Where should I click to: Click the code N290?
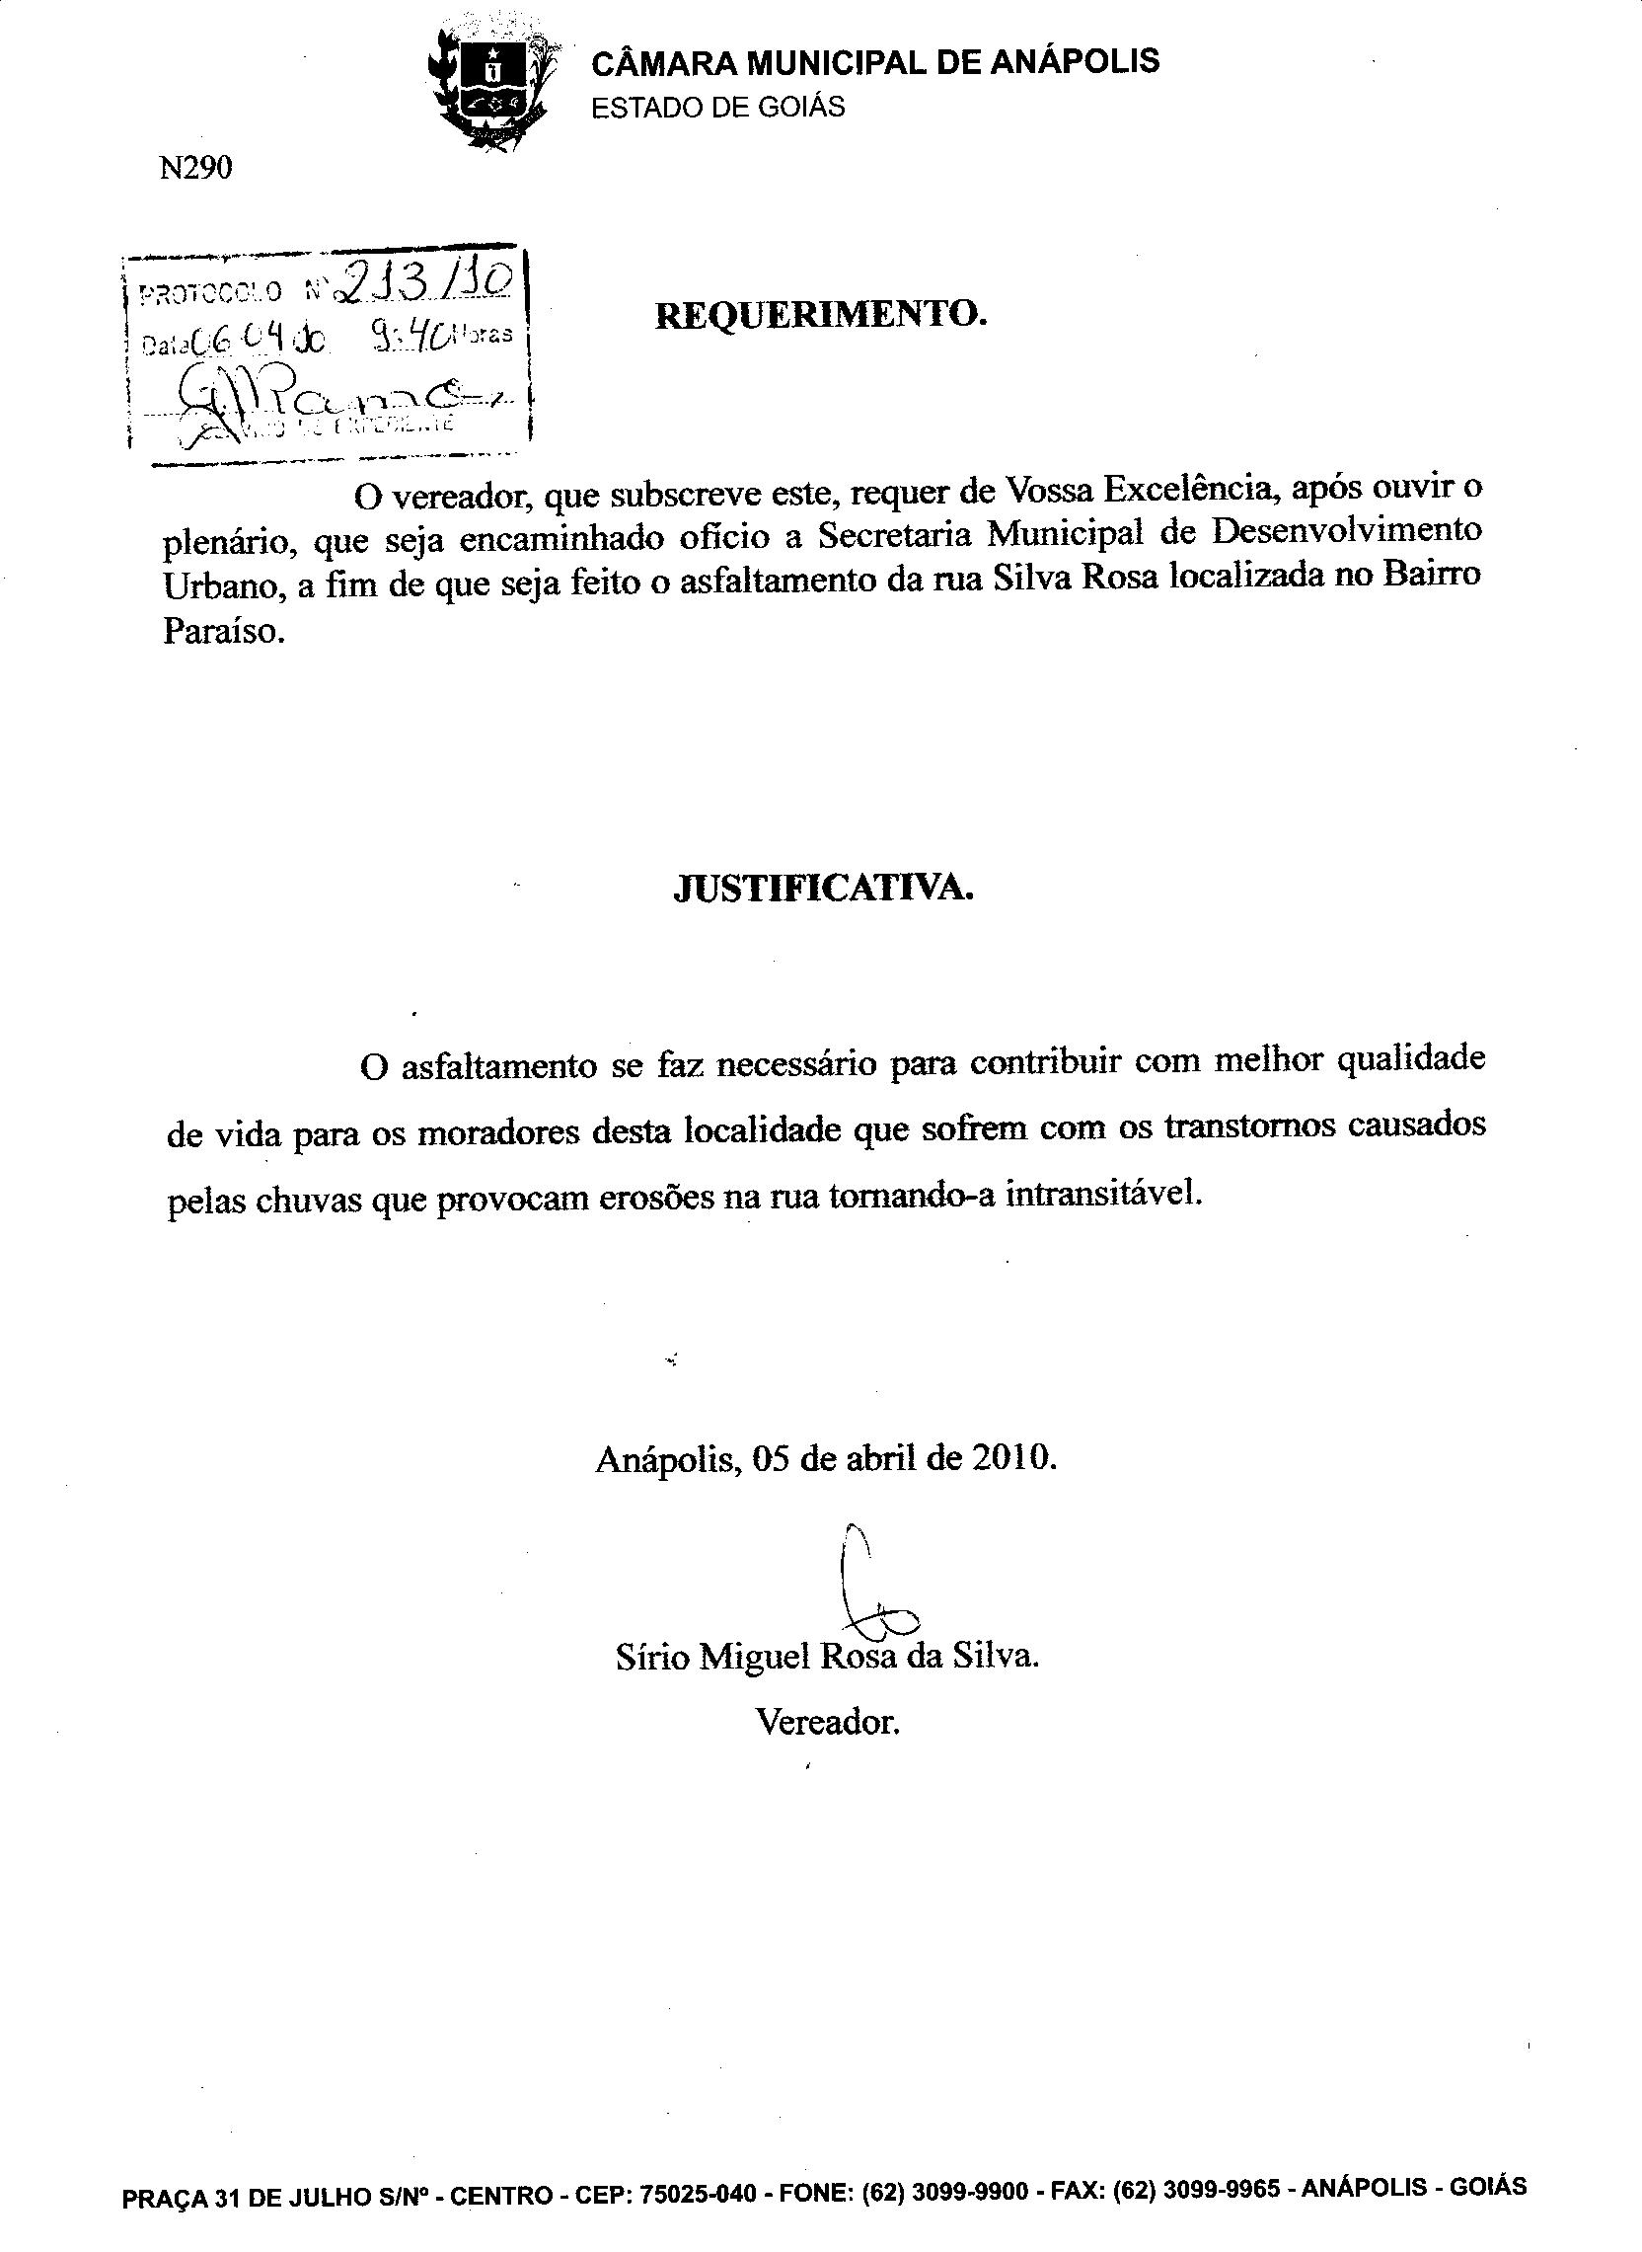tap(194, 169)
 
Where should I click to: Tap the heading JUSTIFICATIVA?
tap(823, 888)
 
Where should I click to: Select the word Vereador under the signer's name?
tap(827, 1721)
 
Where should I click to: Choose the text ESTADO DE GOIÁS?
tap(717, 108)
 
